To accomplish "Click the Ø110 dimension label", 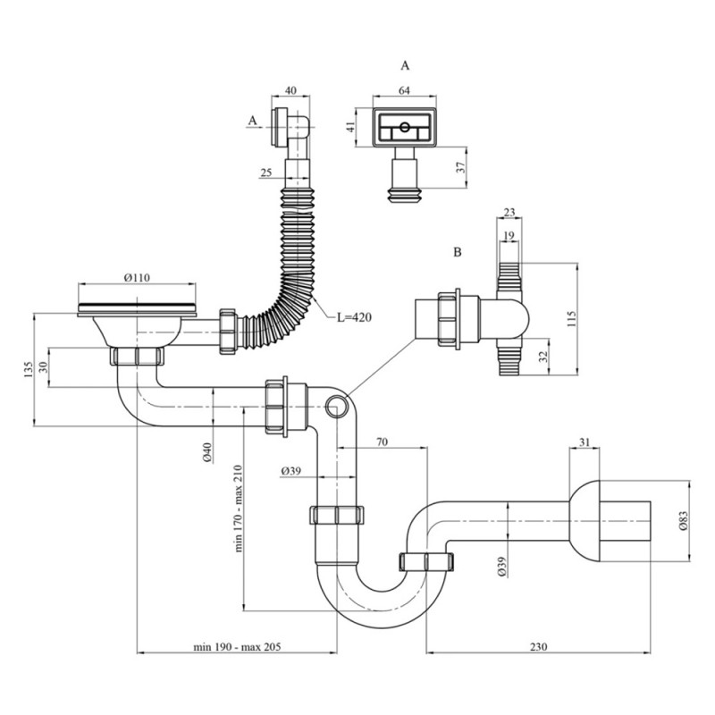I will (x=136, y=278).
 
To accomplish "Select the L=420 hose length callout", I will (x=354, y=316).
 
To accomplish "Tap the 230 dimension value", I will (x=536, y=646).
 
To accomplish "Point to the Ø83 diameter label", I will (x=682, y=521).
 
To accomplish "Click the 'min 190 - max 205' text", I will (x=235, y=646).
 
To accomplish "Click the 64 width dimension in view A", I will (x=404, y=89).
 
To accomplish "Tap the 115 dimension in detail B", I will (x=573, y=317).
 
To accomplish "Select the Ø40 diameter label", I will (x=206, y=452).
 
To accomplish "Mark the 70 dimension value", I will (x=381, y=442).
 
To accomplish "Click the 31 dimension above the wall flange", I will (x=585, y=442).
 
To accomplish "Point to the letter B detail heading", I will (x=457, y=253).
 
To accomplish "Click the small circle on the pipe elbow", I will (x=337, y=408).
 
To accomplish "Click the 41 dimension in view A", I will (x=350, y=127).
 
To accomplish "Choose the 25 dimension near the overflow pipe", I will (x=266, y=172).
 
